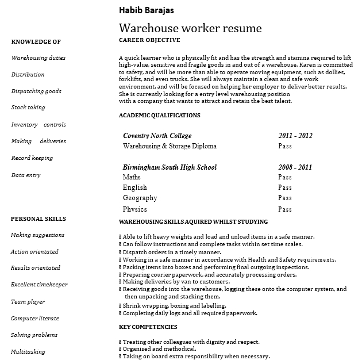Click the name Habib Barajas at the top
(x=146, y=10)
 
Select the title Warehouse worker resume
(x=190, y=28)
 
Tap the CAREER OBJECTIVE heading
(x=149, y=40)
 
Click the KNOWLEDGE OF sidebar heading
(x=36, y=41)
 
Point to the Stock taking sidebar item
(x=28, y=108)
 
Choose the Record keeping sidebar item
(x=32, y=158)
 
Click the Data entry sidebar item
(x=26, y=175)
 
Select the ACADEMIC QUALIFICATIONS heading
(x=159, y=116)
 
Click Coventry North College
(x=157, y=136)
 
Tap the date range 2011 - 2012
(x=295, y=136)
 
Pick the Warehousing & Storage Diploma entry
(x=170, y=147)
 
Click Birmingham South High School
(x=170, y=167)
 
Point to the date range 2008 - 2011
(x=295, y=167)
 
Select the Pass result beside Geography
(x=285, y=198)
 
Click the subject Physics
(x=134, y=209)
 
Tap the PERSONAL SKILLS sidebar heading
(x=38, y=219)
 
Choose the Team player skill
(x=28, y=302)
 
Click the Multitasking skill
(x=28, y=352)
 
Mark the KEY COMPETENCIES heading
(x=148, y=327)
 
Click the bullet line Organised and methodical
(x=159, y=349)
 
